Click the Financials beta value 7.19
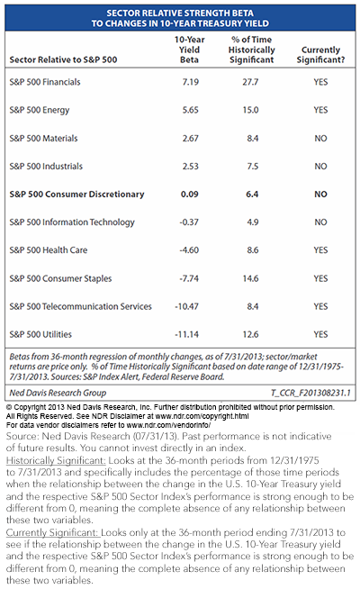coord(190,82)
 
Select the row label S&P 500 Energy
coord(40,110)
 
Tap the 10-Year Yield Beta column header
coord(189,50)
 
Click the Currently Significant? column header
coord(320,55)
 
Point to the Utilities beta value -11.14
coord(186,334)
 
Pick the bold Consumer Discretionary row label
coord(76,195)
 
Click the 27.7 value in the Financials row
coord(250,82)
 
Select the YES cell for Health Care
coord(320,250)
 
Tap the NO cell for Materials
coord(320,138)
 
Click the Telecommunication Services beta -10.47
coord(186,306)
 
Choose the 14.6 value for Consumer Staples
coord(250,278)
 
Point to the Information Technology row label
coord(72,222)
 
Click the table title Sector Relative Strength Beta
coord(180,14)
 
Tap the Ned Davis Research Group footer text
coord(58,393)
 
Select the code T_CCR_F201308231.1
coord(310,393)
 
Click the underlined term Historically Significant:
coord(56,460)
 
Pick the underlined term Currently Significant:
coord(52,532)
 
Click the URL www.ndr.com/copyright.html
coord(202,416)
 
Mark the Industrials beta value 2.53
coord(190,167)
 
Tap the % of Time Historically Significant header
coord(251,50)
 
